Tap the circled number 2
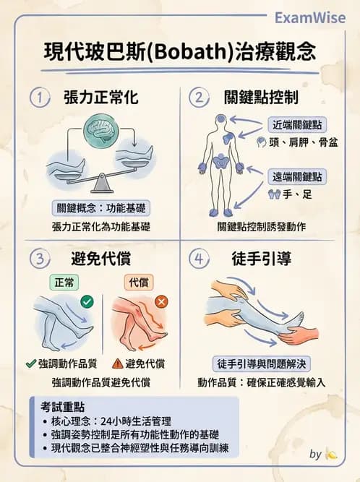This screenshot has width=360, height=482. (198, 98)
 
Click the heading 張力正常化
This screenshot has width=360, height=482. (100, 98)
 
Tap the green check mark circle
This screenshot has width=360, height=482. (87, 301)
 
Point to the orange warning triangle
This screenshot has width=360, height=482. (118, 363)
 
